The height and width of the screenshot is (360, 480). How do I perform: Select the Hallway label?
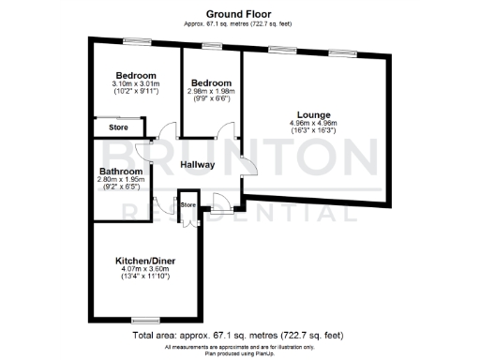[x=198, y=165]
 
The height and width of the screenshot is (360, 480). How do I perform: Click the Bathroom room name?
[x=122, y=172]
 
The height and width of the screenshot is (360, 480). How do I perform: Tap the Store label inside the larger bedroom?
[x=118, y=127]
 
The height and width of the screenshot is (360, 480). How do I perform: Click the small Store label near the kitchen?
[x=187, y=203]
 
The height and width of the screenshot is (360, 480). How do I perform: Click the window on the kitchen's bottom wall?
[x=143, y=318]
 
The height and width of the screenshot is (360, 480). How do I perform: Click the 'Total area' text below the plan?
[x=241, y=335]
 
